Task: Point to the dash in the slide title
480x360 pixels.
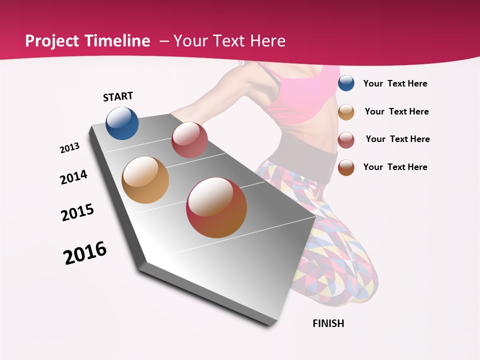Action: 164,41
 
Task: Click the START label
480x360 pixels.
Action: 118,96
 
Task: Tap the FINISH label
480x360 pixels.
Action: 328,323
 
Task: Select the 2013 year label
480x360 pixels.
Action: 69,148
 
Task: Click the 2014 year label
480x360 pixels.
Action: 73,177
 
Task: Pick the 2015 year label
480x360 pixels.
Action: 77,212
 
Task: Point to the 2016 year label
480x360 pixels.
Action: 85,252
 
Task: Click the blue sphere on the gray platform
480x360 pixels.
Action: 122,123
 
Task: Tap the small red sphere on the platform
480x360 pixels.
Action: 189,140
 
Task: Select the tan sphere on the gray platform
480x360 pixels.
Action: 145,180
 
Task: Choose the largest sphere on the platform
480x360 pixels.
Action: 216,207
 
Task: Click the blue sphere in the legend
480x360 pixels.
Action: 346,83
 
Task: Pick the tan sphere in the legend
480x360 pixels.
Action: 346,112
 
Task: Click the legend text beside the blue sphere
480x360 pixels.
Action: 395,83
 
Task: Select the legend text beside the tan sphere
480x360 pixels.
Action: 396,111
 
